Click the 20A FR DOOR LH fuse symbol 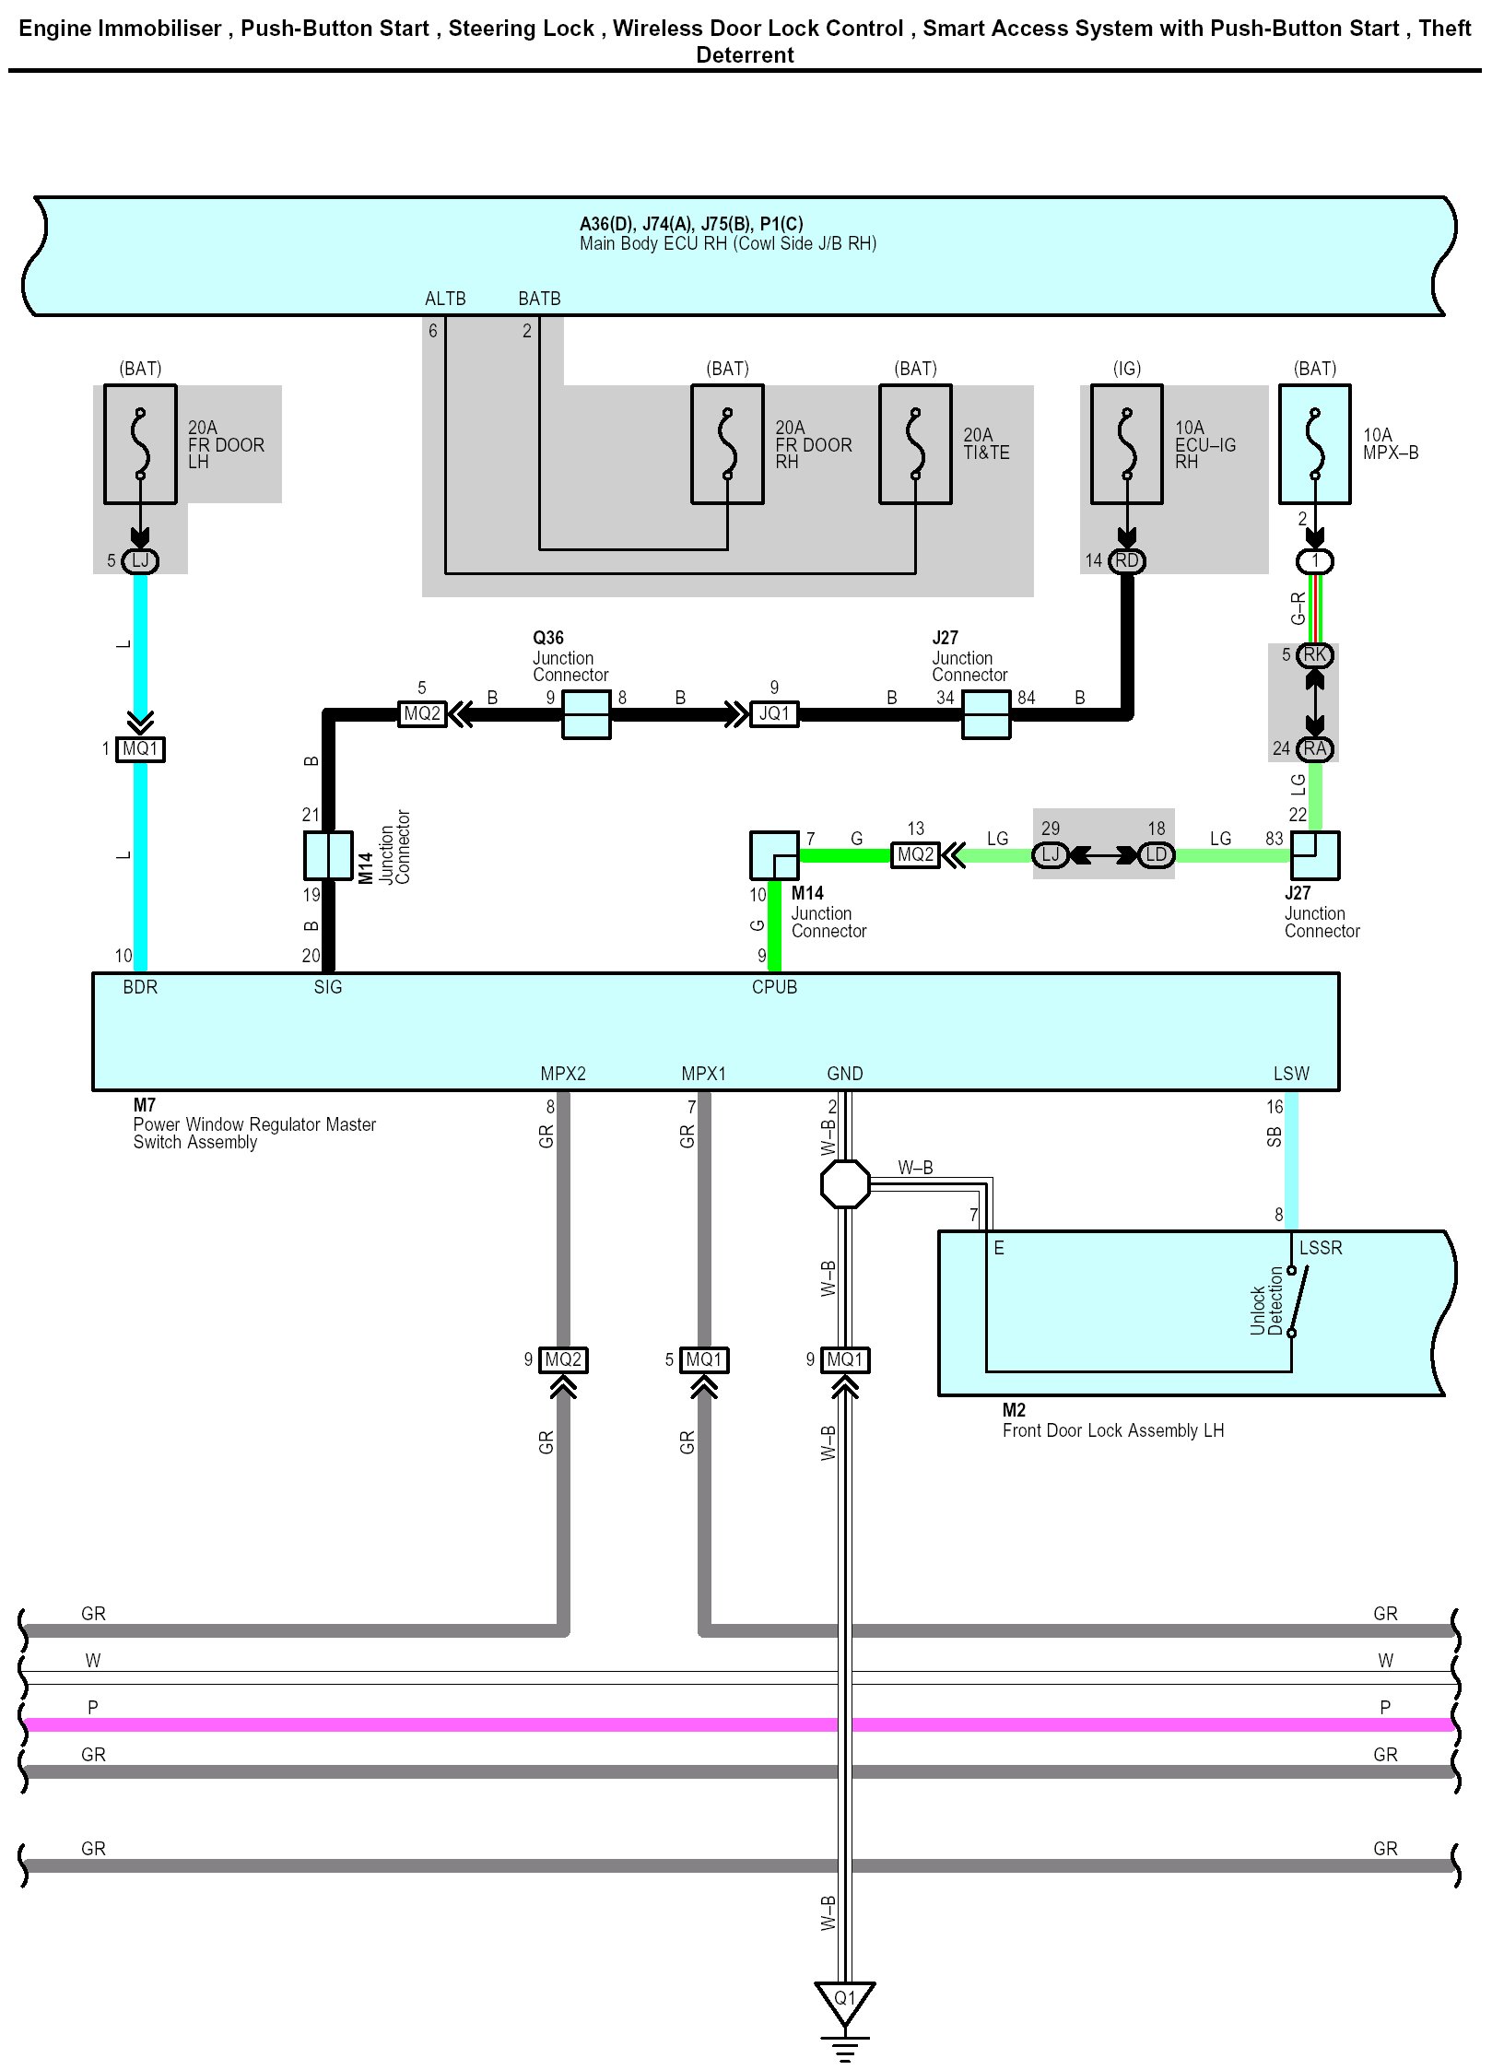click(140, 444)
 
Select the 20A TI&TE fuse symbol click(915, 444)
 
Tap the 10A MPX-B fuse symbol click(1315, 444)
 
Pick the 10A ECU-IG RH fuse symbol click(1127, 444)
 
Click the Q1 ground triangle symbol click(845, 2001)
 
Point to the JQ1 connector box click(774, 714)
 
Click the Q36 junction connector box click(586, 714)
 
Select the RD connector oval click(1127, 561)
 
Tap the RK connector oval click(1315, 655)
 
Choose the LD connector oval click(1156, 855)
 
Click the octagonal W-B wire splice click(845, 1183)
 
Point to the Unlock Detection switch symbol click(1292, 1301)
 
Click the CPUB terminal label click(774, 987)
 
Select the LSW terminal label click(1291, 1074)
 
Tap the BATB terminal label click(539, 299)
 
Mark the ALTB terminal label click(445, 299)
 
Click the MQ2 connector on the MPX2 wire click(563, 1359)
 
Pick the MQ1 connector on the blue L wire click(140, 749)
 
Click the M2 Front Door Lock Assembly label click(1112, 1420)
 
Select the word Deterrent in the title click(745, 55)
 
